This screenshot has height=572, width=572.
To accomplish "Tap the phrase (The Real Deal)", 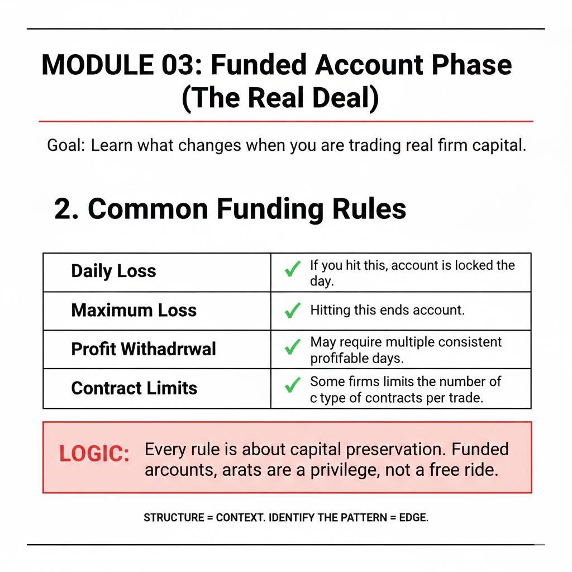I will tap(280, 98).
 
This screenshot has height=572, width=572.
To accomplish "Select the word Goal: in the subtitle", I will tap(65, 146).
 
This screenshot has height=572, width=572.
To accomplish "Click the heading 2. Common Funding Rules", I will tap(230, 209).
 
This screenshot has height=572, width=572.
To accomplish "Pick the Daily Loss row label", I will tap(113, 271).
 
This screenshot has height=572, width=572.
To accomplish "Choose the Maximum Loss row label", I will tap(134, 310).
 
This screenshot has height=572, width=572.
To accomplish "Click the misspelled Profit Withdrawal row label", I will tap(144, 349).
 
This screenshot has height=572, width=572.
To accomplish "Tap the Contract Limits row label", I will tap(134, 388).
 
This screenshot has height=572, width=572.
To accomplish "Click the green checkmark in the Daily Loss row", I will tap(292, 270).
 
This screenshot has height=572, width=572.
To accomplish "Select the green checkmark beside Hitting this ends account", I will tap(292, 310).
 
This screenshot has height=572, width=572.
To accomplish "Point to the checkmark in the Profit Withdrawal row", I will tap(292, 348).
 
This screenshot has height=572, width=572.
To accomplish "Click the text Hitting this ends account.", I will tap(387, 310).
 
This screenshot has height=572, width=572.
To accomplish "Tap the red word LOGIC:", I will tap(94, 454).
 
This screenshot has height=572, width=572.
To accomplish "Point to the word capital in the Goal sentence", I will tap(496, 146).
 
